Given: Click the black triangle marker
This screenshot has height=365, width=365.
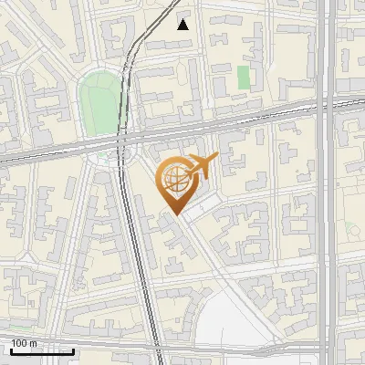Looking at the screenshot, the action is click(x=183, y=25).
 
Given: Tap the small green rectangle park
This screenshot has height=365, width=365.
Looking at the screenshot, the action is click(x=244, y=78).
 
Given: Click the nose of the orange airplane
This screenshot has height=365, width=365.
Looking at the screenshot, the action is click(x=217, y=158).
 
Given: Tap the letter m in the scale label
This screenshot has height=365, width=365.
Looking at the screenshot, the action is click(x=34, y=343).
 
